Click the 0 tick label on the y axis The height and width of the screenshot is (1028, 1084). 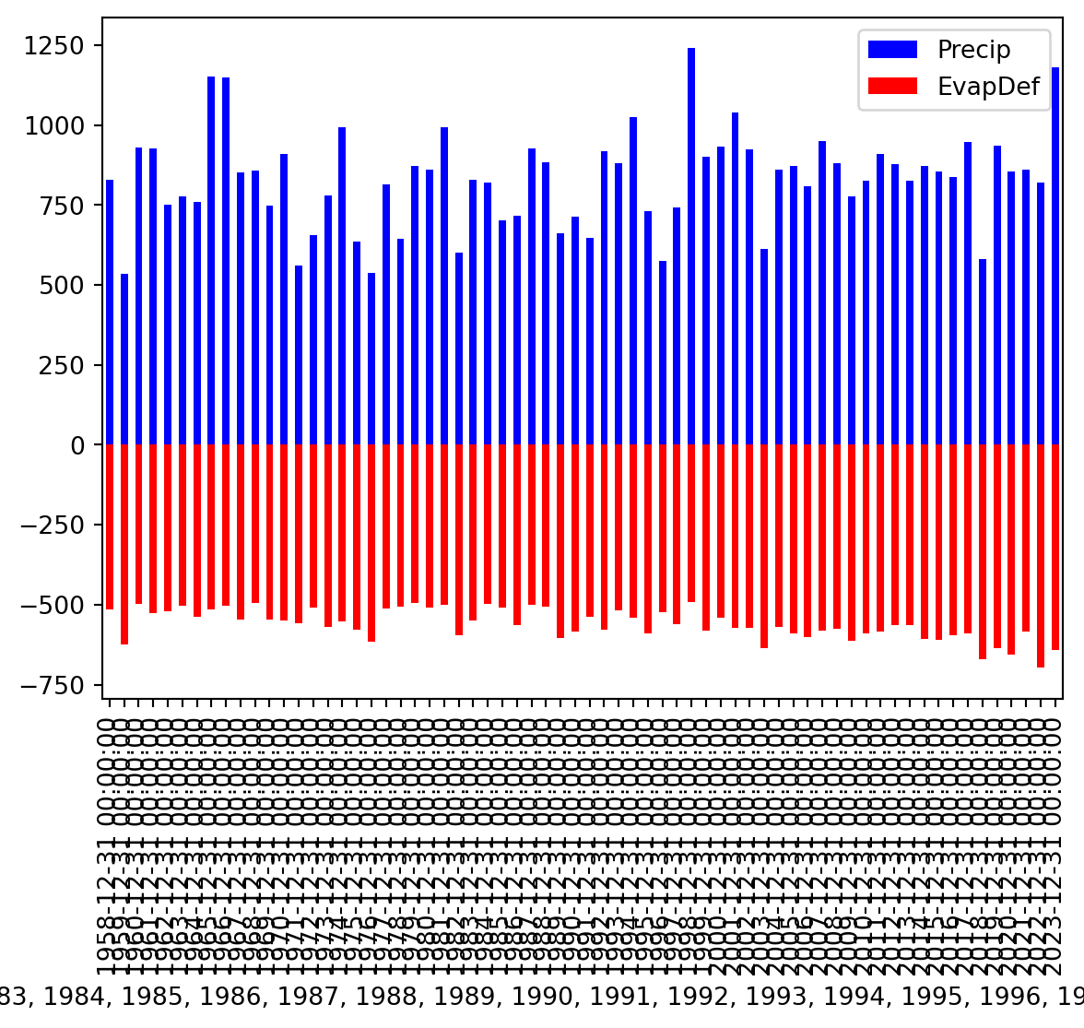point(79,445)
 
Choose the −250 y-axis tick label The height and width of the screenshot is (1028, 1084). point(56,526)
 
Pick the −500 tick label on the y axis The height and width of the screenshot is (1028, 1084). point(56,605)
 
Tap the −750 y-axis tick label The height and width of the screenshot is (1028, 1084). point(56,685)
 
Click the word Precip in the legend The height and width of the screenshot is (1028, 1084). point(974,50)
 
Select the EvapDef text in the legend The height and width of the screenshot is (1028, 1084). point(988,88)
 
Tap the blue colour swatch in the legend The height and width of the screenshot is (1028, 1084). point(892,50)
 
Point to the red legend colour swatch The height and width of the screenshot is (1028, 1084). point(892,87)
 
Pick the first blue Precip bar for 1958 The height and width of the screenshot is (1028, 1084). point(110,313)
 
